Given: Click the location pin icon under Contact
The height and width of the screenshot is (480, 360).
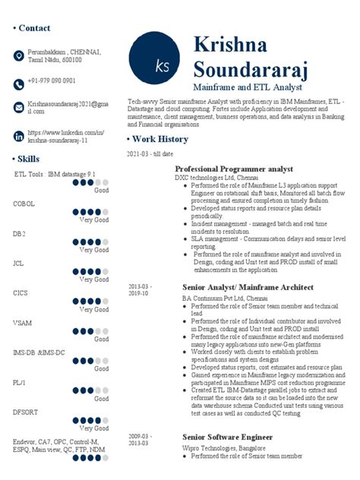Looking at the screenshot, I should (19, 55).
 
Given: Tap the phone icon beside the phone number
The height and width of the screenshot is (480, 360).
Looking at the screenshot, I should (19, 81).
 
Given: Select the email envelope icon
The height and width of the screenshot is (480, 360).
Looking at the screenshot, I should (19, 107).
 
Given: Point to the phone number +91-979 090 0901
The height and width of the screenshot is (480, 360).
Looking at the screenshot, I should (52, 81).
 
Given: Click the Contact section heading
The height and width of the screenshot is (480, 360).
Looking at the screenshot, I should (33, 28).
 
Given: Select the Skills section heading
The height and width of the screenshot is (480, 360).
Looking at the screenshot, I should (29, 159).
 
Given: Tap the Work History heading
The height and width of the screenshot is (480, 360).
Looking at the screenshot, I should (162, 139).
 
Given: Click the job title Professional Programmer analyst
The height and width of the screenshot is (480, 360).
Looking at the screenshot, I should (234, 169).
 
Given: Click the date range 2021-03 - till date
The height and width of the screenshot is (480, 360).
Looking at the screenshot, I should (150, 154).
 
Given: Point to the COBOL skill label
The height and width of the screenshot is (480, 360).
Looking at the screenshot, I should (24, 204).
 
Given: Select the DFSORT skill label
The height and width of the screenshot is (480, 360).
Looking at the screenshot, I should (27, 412).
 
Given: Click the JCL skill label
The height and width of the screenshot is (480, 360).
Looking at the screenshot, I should (19, 263).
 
